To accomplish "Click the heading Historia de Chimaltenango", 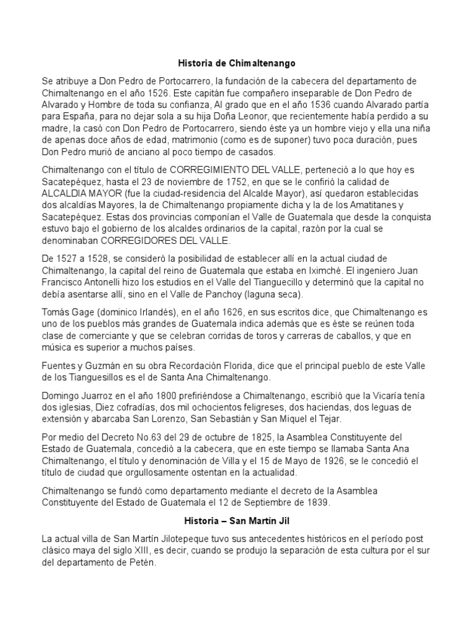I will [x=237, y=63].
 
